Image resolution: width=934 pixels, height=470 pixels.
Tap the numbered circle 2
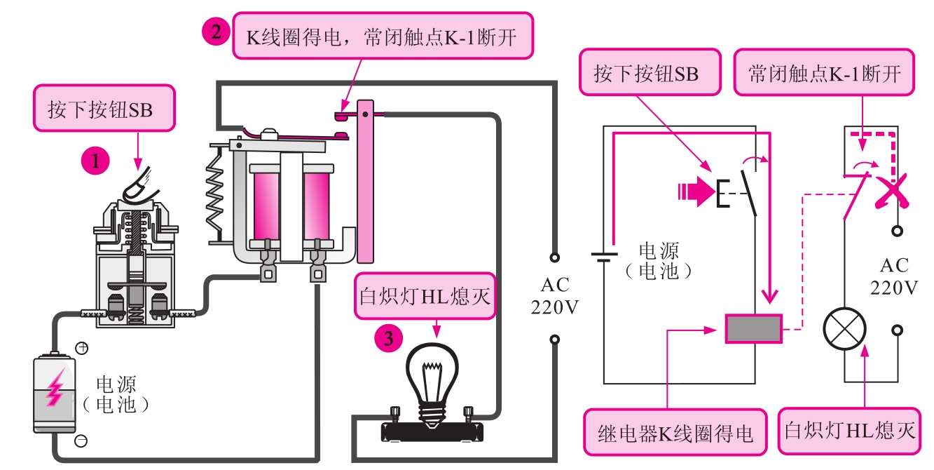[x=215, y=32]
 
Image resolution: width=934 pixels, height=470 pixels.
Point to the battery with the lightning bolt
[x=55, y=393]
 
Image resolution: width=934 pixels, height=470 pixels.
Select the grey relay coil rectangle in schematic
[x=753, y=328]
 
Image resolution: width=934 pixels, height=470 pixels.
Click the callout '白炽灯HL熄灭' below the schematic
[x=850, y=430]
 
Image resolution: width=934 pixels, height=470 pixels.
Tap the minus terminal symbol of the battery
[x=81, y=441]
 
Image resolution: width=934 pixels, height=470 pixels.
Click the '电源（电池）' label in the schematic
[x=659, y=261]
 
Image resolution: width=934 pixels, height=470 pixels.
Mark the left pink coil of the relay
[x=268, y=203]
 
